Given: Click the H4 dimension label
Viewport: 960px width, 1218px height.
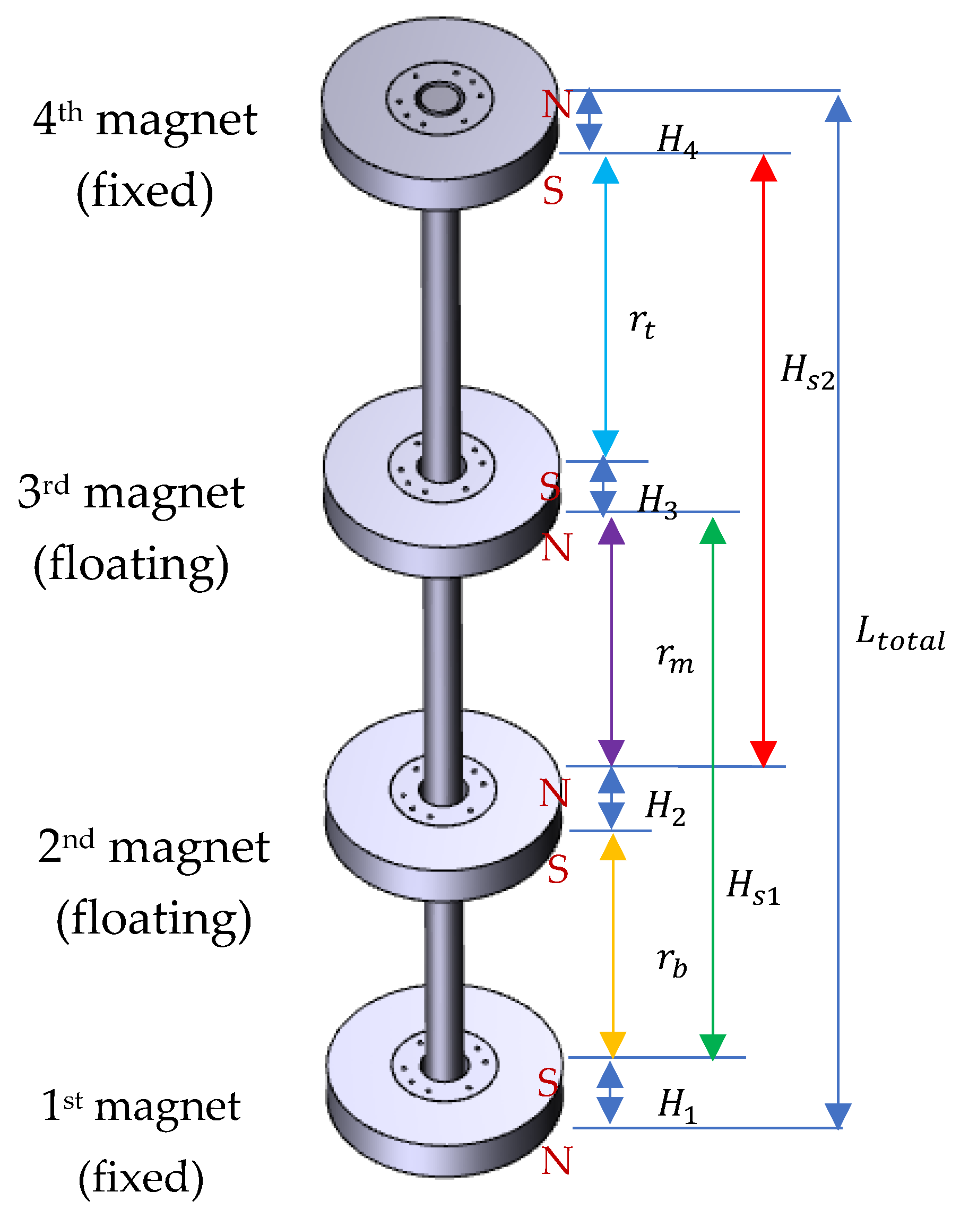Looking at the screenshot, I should click(677, 142).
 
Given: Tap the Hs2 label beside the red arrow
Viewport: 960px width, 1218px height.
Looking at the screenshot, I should click(807, 372).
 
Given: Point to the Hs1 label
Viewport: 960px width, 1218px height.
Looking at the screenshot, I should click(753, 887).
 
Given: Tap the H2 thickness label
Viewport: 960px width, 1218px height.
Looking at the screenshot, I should click(665, 807).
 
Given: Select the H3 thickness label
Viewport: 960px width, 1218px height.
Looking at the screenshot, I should click(658, 501).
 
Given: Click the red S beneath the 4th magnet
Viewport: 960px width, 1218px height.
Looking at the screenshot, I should click(553, 191).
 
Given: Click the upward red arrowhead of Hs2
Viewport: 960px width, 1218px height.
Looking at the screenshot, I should click(763, 169).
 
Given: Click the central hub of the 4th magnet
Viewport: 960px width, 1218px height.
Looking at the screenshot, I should click(439, 99).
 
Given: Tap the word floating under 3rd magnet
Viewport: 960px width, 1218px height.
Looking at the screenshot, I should click(132, 564).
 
